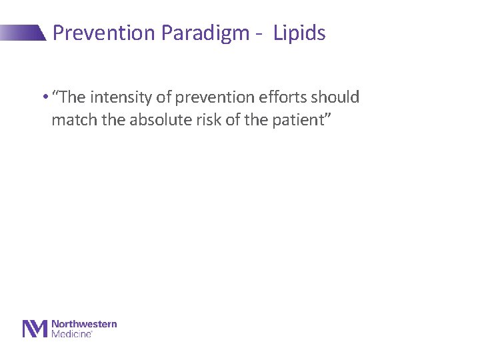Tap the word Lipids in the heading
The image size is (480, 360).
click(x=299, y=33)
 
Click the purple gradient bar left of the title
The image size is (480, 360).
click(x=23, y=33)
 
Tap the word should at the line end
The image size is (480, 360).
click(x=338, y=97)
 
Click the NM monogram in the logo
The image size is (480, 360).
click(x=35, y=329)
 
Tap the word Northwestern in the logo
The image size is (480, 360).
click(x=84, y=324)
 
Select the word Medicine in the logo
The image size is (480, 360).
click(x=71, y=333)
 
